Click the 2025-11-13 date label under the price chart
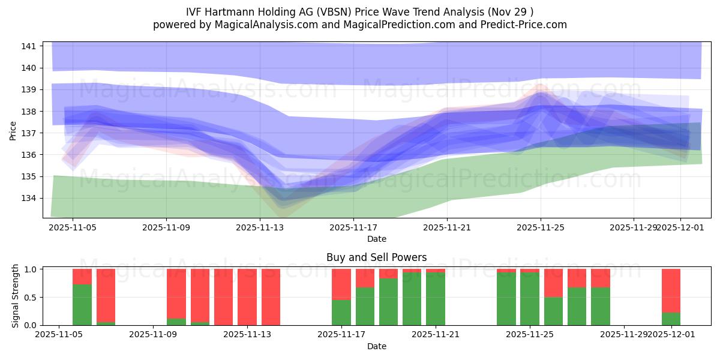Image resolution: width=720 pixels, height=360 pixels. pyautogui.click(x=260, y=227)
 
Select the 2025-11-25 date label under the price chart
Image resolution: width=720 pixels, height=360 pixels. pyautogui.click(x=540, y=227)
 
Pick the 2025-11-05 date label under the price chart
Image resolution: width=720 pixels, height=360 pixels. pyautogui.click(x=73, y=227)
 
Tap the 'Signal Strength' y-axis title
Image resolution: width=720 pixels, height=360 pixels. pyautogui.click(x=16, y=295)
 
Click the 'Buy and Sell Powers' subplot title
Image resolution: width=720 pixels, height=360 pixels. pyautogui.click(x=376, y=257)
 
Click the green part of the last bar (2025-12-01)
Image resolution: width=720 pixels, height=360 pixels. pyautogui.click(x=671, y=319)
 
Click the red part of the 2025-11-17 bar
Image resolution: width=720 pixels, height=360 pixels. pyautogui.click(x=341, y=284)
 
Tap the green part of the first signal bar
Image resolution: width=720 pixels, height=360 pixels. pyautogui.click(x=82, y=305)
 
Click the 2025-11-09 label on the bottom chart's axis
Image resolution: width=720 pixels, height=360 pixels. pyautogui.click(x=153, y=335)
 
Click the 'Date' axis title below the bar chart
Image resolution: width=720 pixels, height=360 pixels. pyautogui.click(x=376, y=346)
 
